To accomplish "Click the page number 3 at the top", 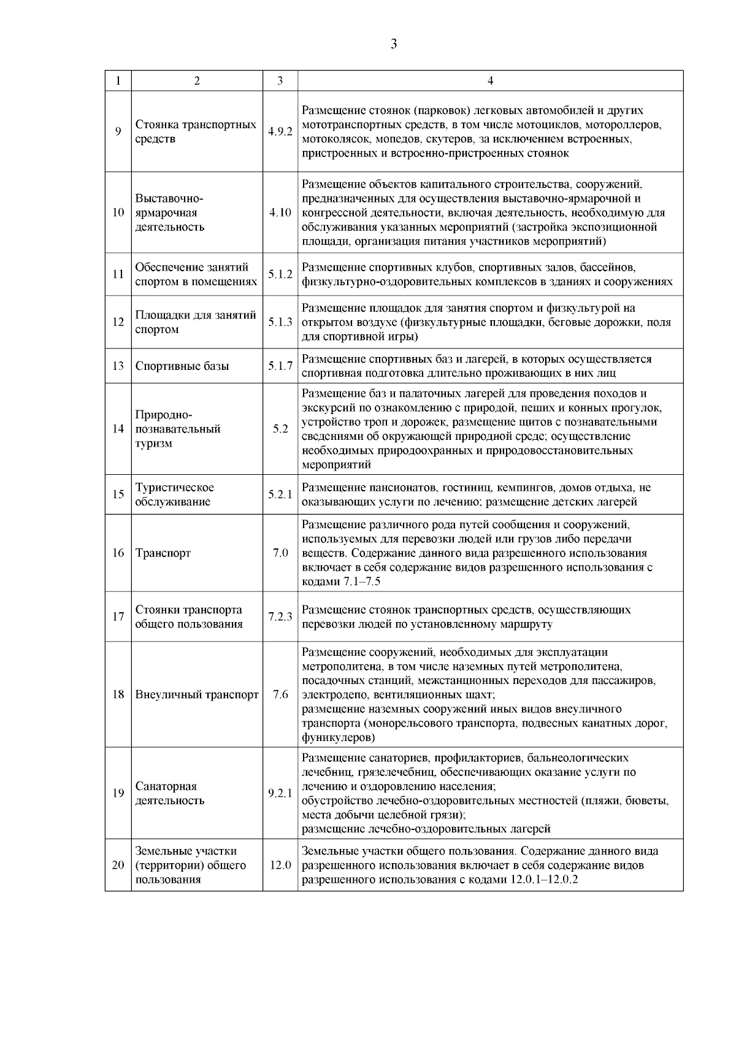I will [x=393, y=44].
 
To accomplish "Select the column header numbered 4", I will [x=490, y=81].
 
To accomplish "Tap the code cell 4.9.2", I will [x=280, y=131].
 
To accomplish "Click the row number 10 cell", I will [x=118, y=213].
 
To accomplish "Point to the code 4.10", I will [x=280, y=213].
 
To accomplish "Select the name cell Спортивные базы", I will [x=182, y=366].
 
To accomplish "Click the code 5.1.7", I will [x=280, y=366].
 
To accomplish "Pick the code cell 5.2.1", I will [x=280, y=494].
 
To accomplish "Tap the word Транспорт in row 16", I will [x=163, y=553].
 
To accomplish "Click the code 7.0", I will [x=280, y=553].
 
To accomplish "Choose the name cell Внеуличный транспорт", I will [x=196, y=695].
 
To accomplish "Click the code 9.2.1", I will [x=280, y=793].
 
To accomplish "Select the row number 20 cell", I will [x=118, y=865].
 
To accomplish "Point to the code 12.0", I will [x=280, y=865].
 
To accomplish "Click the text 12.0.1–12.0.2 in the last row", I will [x=544, y=880].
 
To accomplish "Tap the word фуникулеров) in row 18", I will [x=339, y=737].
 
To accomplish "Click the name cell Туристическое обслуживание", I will [x=175, y=494].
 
